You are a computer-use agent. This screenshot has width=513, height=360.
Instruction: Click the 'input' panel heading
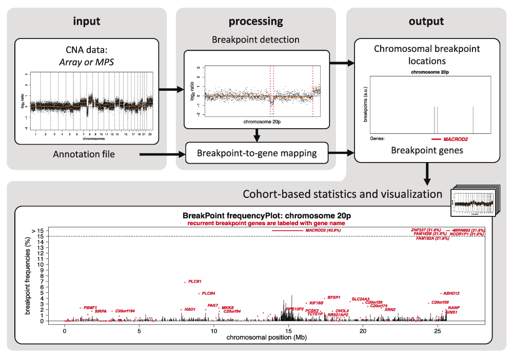pyautogui.click(x=86, y=22)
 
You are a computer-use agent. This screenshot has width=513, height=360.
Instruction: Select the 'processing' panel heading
pyautogui.click(x=255, y=22)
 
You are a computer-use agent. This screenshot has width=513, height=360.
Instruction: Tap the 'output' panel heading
pyautogui.click(x=426, y=22)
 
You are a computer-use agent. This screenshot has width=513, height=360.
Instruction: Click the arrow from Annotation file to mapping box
pyautogui.click(x=162, y=153)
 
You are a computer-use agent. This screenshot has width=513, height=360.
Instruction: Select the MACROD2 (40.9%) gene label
pyautogui.click(x=323, y=230)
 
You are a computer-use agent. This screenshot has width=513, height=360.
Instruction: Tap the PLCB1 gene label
pyautogui.click(x=195, y=282)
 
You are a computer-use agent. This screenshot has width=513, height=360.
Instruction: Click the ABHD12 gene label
pyautogui.click(x=451, y=293)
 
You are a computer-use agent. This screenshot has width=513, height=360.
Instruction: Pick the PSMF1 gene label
pyautogui.click(x=90, y=308)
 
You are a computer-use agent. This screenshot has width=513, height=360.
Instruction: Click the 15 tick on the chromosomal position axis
pyautogui.click(x=288, y=332)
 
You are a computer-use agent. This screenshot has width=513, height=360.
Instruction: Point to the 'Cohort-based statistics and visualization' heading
pyautogui.click(x=342, y=194)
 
